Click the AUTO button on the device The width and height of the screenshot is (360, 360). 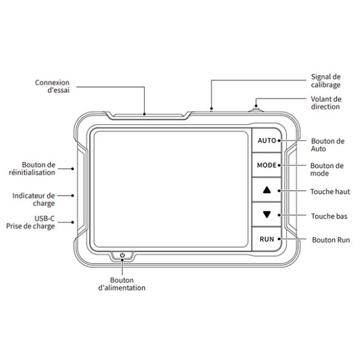coord(267,140)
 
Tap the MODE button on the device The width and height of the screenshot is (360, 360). coord(267,165)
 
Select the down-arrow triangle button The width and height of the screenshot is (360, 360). coord(267,214)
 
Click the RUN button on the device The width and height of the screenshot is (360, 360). coord(267,239)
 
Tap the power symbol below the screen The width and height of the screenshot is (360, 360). coord(122,255)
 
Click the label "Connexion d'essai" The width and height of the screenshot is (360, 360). coord(52,86)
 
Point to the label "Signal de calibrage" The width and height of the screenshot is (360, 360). coord(326,81)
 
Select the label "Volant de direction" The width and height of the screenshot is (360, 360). coord(326,103)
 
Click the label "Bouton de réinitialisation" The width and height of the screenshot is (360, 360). coord(32,169)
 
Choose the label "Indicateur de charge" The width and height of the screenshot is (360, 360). coord(33,199)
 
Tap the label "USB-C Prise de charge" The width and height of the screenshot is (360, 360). coord(31,222)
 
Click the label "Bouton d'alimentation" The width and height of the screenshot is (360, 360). coord(122,284)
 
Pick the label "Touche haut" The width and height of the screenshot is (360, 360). coord(330,191)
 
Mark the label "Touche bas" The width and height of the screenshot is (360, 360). coord(329,216)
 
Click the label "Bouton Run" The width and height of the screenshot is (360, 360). coord(331,240)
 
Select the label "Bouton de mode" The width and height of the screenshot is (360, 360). coord(327,169)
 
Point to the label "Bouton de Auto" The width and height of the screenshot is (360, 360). coord(327,145)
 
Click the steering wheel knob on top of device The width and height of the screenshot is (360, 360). coord(256,110)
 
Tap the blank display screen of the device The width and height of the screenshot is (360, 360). coord(171,189)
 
